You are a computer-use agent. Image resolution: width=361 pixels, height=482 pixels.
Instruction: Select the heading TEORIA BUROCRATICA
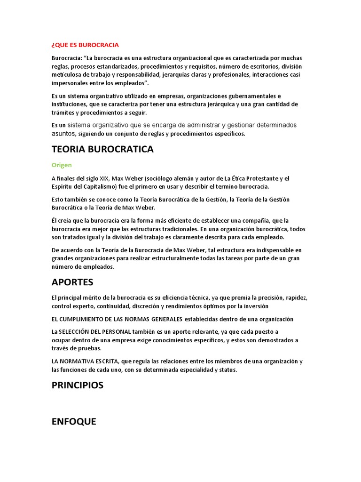[102, 149]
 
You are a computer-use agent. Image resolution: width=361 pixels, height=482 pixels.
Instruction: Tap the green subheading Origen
[61, 165]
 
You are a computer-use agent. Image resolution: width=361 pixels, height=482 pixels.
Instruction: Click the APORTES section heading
[72, 282]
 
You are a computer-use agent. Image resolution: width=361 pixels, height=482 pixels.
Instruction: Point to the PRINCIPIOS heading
[78, 385]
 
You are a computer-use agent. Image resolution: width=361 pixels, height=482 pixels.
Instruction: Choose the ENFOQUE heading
[74, 421]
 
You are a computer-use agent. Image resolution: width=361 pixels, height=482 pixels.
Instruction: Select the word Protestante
[260, 178]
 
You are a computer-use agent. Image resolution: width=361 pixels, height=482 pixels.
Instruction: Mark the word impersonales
[71, 83]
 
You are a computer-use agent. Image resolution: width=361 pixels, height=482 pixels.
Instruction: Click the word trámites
[63, 112]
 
